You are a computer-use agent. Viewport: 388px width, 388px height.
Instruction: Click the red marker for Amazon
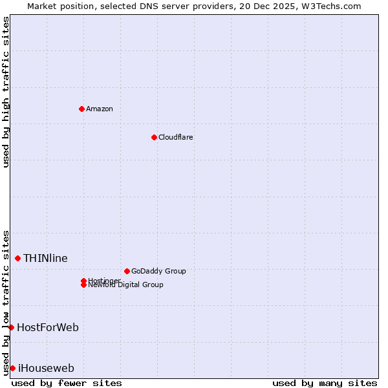coord(81,109)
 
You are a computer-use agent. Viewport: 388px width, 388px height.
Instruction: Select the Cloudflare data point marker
coord(154,137)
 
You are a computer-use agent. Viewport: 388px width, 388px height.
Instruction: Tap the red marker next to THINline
coord(17,258)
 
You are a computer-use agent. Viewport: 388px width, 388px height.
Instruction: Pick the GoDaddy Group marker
coord(127,271)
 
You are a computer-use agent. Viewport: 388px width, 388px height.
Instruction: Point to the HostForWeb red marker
coord(11,327)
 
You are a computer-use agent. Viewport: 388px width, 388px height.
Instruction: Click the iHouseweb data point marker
coord(12,368)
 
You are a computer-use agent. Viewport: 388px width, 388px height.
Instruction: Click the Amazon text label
coord(100,109)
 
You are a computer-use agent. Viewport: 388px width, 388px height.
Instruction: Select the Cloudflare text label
coord(176,137)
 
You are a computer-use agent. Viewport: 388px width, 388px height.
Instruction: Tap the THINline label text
coord(45,258)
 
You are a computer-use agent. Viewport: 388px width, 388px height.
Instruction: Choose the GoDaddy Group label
coord(158,271)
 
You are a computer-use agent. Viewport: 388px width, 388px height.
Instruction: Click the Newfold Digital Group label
coord(126,285)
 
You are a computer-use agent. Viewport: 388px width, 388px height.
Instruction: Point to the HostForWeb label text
coord(48,327)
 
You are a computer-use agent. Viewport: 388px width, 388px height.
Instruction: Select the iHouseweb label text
coord(46,368)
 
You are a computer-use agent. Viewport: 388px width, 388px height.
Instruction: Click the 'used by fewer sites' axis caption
coord(67,383)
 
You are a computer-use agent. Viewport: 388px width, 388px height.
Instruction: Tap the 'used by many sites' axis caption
coord(325,383)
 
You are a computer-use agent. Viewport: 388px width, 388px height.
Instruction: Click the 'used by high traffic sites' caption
coord(6,92)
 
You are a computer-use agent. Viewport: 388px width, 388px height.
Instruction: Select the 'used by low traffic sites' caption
coord(6,302)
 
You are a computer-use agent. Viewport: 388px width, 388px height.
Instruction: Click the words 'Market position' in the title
coord(58,6)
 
